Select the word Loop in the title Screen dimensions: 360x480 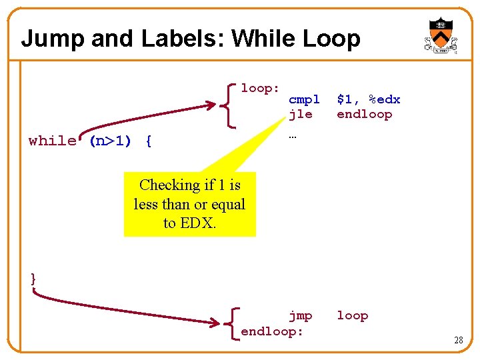(x=331, y=39)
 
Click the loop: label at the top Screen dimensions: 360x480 (x=260, y=88)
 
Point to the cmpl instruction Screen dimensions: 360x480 (x=304, y=100)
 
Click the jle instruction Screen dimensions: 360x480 (x=300, y=114)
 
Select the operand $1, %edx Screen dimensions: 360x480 (x=368, y=100)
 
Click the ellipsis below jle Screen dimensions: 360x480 (x=292, y=136)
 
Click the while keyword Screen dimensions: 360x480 (x=52, y=141)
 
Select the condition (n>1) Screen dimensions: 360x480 (x=113, y=141)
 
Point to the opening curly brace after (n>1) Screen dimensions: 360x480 (x=148, y=141)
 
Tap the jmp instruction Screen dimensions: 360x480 (x=300, y=315)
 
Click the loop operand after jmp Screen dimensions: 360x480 (x=352, y=315)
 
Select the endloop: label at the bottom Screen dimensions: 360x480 (x=272, y=331)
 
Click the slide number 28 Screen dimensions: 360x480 (x=458, y=341)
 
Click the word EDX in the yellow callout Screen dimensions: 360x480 (x=198, y=223)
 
